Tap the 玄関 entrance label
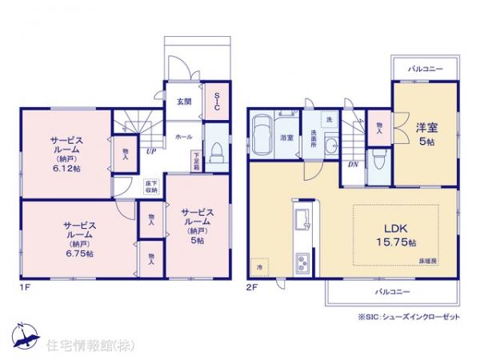pos(183,102)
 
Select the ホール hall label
pos(183,137)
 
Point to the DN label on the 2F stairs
pos(353,165)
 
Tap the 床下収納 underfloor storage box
pos(150,186)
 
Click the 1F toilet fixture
pos(216,151)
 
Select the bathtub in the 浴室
pos(262,130)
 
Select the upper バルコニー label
pos(426,70)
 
